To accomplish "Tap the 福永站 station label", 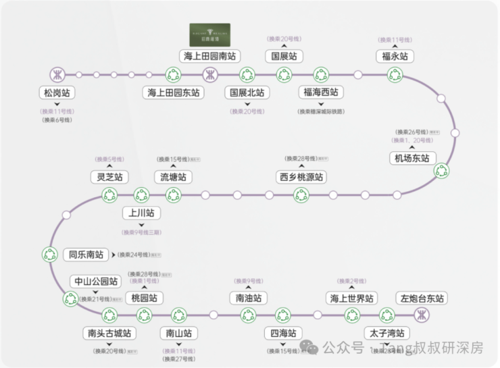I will click(x=395, y=57).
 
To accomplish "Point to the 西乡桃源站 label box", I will click(x=301, y=177).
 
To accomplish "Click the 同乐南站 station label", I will click(x=86, y=255).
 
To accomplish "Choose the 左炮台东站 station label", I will click(x=422, y=298).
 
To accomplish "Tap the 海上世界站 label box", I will click(x=351, y=298).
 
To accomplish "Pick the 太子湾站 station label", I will click(x=386, y=334).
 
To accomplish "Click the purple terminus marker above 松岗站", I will click(x=58, y=74).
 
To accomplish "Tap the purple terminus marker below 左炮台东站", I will click(x=422, y=315).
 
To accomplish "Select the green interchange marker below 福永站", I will click(x=395, y=74).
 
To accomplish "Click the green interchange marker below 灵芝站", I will click(x=109, y=195).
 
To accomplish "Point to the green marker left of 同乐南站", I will click(x=50, y=255).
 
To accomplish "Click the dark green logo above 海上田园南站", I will click(x=209, y=34).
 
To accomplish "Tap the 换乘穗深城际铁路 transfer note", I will click(x=321, y=111).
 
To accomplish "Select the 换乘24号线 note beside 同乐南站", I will click(x=139, y=255).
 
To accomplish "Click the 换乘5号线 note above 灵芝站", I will click(x=110, y=159).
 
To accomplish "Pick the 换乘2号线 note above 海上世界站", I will click(x=351, y=281).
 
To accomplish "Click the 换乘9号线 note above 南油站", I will click(x=247, y=281).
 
